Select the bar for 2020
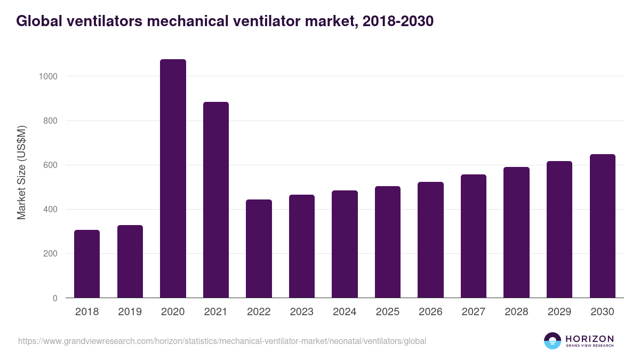click(x=173, y=179)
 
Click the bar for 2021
click(x=216, y=200)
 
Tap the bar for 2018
click(x=87, y=264)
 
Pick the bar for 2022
click(x=259, y=249)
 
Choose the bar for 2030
click(x=602, y=226)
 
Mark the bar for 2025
click(x=388, y=242)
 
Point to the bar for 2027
click(x=474, y=236)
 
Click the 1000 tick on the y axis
click(x=49, y=76)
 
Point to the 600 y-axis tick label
click(x=51, y=165)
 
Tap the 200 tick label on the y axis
click(x=51, y=254)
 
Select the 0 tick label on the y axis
click(x=55, y=298)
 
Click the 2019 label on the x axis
click(x=130, y=312)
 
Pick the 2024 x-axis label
click(x=345, y=312)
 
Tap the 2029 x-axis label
click(x=559, y=312)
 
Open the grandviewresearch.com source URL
click(x=222, y=341)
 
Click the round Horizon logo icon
click(x=553, y=341)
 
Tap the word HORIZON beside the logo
click(x=590, y=339)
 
